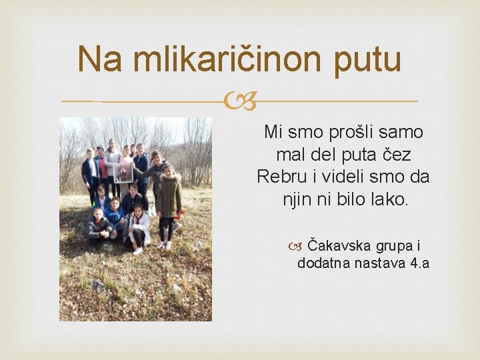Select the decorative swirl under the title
(239, 102)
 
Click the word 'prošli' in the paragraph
(356, 132)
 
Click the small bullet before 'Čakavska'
(295, 246)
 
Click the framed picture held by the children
(123, 173)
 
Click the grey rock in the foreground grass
(99, 287)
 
